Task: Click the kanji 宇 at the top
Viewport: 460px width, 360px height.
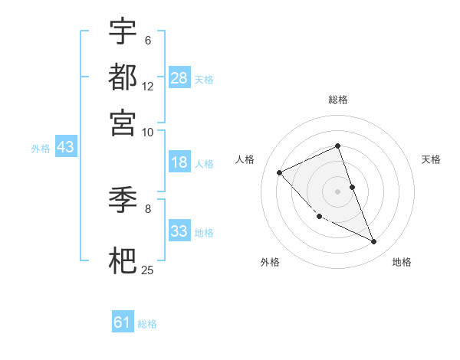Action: [123, 32]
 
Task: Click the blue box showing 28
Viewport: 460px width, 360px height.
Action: [179, 77]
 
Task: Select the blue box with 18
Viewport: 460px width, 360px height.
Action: [179, 162]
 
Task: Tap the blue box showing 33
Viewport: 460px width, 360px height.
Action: [179, 231]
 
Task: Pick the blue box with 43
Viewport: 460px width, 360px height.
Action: [65, 147]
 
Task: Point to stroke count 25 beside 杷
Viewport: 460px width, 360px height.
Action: [147, 270]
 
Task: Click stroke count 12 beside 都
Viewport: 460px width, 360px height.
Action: [147, 86]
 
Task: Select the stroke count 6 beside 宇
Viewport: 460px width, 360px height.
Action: [147, 41]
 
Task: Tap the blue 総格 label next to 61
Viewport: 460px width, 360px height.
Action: [147, 324]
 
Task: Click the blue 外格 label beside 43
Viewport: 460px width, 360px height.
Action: [41, 149]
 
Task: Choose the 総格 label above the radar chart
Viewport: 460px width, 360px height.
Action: [337, 100]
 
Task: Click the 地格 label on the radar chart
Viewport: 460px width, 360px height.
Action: [402, 263]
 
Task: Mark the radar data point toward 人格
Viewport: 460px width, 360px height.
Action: [280, 172]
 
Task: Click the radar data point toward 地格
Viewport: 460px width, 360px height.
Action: [374, 242]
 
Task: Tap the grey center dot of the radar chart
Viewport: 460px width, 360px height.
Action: [337, 191]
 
